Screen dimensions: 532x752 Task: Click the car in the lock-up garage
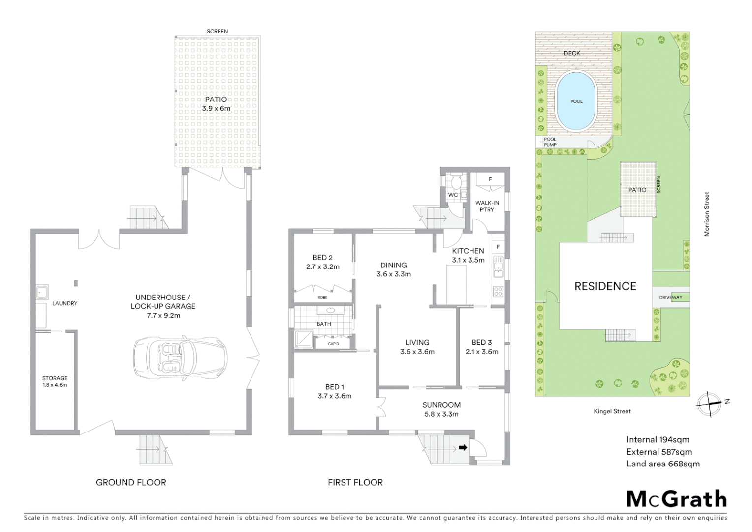pos(180,357)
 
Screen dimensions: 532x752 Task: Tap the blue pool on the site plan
pos(576,101)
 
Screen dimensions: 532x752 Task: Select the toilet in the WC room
pos(456,183)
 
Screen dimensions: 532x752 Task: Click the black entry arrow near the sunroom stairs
pos(463,447)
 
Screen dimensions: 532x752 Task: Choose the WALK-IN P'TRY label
pos(487,206)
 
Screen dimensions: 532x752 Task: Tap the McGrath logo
pos(676,499)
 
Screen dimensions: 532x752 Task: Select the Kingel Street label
pos(612,411)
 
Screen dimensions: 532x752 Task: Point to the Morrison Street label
pos(707,214)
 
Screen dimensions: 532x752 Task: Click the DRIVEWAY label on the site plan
pos(671,297)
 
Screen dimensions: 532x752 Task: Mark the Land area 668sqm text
pos(662,464)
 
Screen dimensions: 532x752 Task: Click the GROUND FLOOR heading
pos(131,482)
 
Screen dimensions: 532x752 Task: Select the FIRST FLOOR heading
pos(355,482)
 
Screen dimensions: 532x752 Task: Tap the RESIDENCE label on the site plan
pos(605,286)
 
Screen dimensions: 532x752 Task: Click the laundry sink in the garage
pos(42,293)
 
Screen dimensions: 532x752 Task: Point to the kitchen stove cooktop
pos(498,291)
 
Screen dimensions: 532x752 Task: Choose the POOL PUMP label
pos(550,142)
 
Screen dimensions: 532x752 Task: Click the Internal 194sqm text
pos(658,440)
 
